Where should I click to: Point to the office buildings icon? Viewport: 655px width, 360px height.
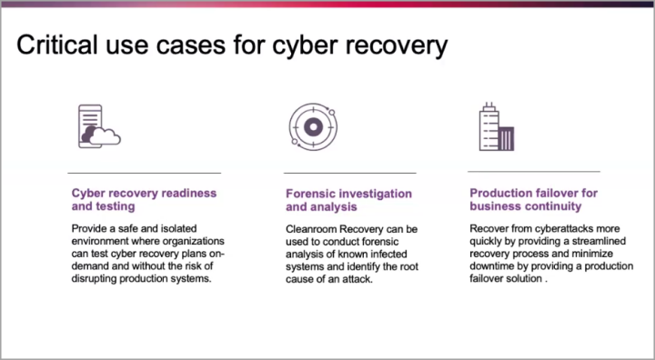click(x=496, y=126)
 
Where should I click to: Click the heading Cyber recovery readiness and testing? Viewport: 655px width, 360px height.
click(x=144, y=200)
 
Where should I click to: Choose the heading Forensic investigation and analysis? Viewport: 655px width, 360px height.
click(x=348, y=200)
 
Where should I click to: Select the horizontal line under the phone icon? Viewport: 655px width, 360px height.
click(x=145, y=173)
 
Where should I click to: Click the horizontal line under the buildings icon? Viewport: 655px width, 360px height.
click(x=534, y=171)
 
